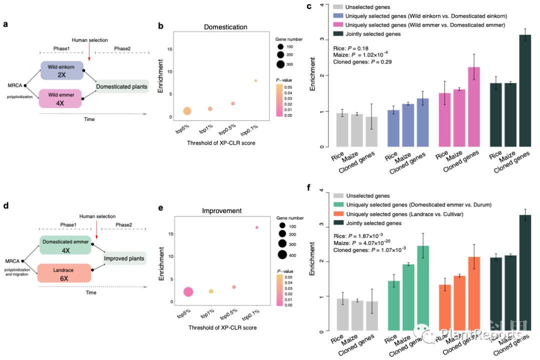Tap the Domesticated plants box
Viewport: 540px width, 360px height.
pyautogui.click(x=122, y=86)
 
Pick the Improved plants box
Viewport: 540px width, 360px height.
pyautogui.click(x=124, y=258)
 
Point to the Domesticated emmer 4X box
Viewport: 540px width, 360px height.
pyautogui.click(x=65, y=245)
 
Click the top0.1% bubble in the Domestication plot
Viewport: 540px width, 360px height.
pyautogui.click(x=255, y=80)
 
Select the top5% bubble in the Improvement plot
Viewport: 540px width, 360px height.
pyautogui.click(x=188, y=291)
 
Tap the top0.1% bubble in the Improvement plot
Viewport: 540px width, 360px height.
pyautogui.click(x=256, y=227)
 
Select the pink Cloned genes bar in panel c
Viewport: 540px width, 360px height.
pyautogui.click(x=474, y=107)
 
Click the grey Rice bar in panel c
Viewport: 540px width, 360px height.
pyautogui.click(x=341, y=130)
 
